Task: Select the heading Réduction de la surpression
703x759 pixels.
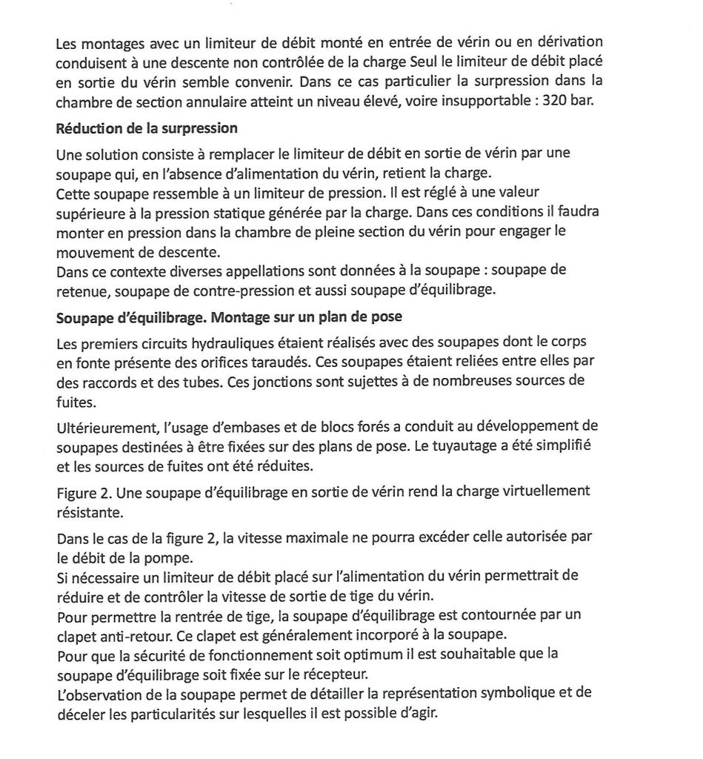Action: (147, 128)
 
